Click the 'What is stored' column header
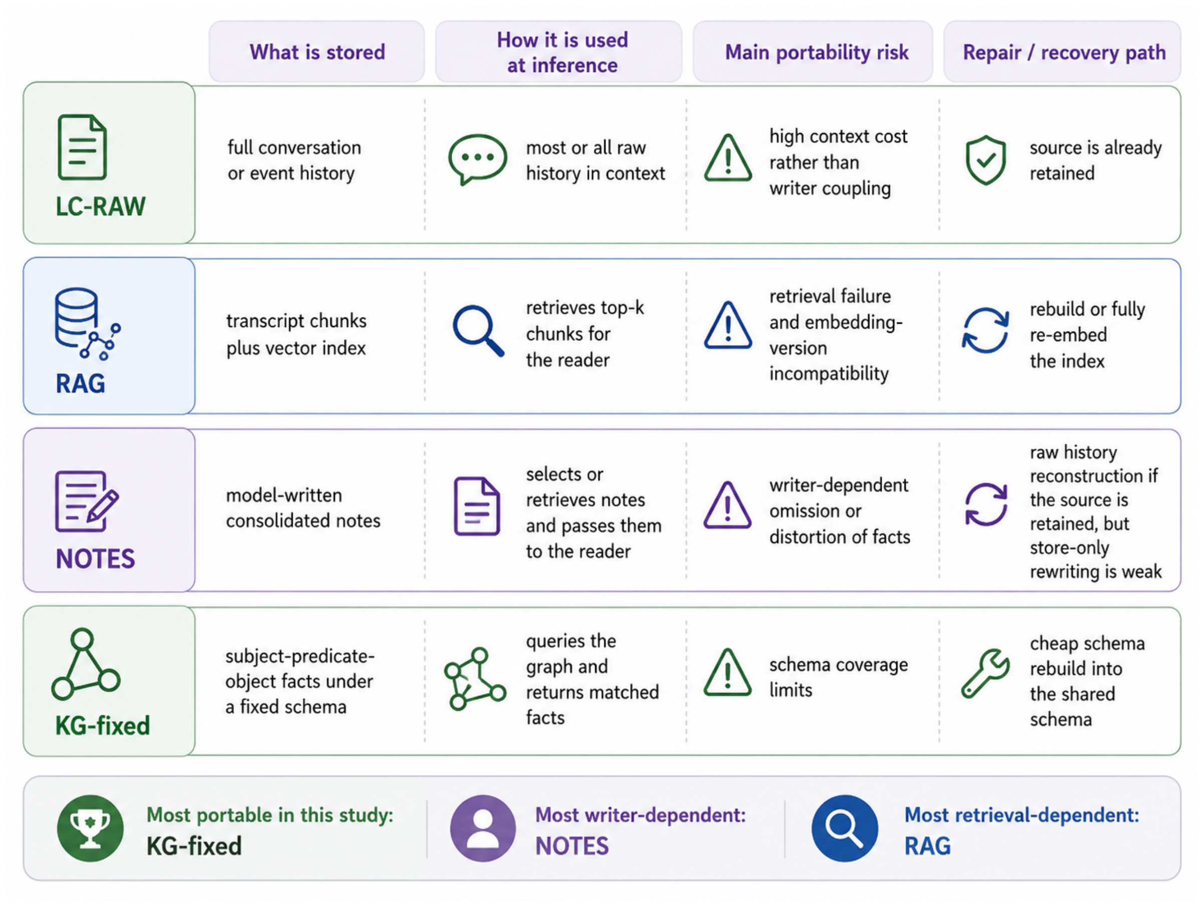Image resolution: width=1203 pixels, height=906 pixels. coord(317,52)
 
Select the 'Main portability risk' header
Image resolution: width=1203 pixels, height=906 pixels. coord(817,52)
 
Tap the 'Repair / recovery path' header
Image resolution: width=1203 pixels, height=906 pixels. coord(1064,52)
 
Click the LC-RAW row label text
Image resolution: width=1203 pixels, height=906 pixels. coord(101,207)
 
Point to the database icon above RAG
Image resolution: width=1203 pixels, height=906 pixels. coord(87,323)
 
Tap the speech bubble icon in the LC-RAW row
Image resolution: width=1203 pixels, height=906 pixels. coord(478,160)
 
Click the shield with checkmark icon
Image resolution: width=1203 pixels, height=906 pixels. coord(985,160)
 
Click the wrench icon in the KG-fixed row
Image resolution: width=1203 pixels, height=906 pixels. coord(985,674)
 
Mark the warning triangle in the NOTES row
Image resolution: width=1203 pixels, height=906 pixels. coord(728,506)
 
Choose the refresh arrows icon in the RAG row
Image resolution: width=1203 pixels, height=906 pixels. coord(985,330)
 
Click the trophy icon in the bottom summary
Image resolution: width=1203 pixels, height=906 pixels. coord(90,828)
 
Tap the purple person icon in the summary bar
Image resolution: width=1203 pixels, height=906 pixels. coord(483,828)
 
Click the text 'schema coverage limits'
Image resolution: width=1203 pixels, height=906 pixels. coord(839,677)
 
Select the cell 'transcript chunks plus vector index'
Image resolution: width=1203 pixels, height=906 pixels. coord(296,334)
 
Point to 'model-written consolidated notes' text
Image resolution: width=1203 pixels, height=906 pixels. coord(303,508)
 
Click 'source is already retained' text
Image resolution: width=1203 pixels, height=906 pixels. coord(1095,160)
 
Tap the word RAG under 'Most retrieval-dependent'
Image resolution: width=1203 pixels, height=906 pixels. coord(927,846)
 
